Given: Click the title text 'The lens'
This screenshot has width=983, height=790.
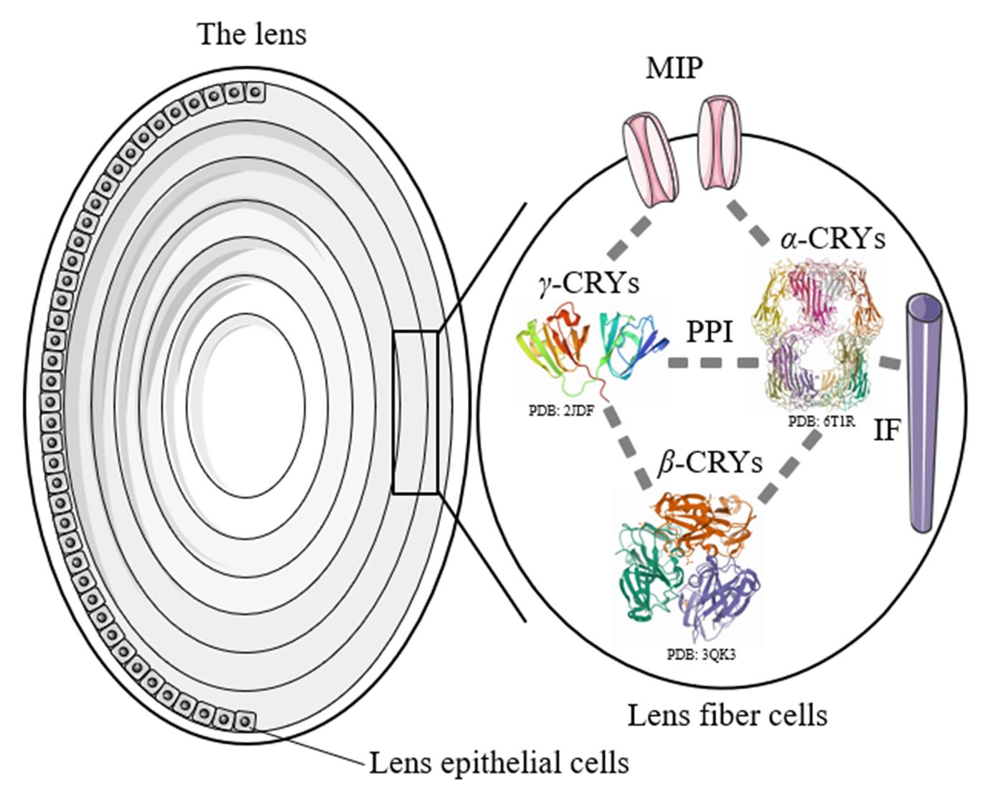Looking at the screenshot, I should tap(252, 34).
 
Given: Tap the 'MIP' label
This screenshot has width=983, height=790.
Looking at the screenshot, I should tap(674, 69).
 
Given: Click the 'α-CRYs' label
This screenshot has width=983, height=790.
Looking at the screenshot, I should tap(832, 239).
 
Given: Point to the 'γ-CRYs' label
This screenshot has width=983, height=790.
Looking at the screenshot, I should tap(588, 284).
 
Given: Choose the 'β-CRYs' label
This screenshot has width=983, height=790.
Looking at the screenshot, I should tap(710, 464).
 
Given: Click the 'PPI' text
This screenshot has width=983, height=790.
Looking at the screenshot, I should tap(710, 332).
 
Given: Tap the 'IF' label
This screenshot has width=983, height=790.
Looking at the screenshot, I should tap(886, 429).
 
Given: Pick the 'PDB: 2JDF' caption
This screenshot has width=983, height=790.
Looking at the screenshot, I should tap(560, 411).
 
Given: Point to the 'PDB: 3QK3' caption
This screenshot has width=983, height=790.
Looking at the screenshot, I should tap(700, 654).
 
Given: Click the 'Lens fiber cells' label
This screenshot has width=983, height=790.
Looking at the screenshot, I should tap(727, 715).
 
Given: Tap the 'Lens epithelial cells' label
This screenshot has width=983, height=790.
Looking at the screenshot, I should tap(498, 763).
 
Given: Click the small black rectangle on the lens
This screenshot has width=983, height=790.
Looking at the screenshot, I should tap(415, 412).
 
